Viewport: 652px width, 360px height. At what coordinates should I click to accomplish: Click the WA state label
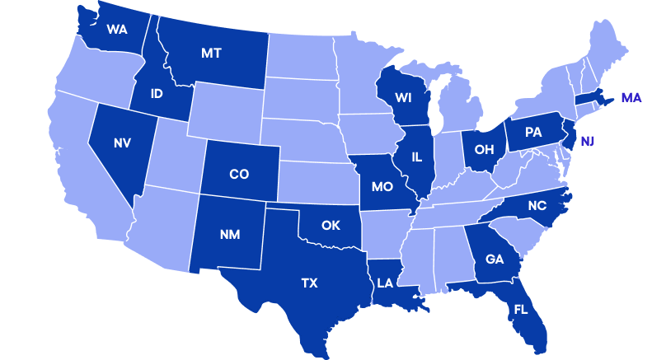point(116,30)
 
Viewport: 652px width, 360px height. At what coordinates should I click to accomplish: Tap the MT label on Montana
point(212,54)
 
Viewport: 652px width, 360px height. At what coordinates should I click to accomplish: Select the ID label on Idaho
point(157,94)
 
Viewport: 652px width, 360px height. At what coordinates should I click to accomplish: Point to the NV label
point(122,143)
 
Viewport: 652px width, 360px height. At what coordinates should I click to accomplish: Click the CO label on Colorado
point(238,174)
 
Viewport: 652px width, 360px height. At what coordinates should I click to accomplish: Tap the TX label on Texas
point(308,283)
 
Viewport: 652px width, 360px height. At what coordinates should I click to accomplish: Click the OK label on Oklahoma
point(331,225)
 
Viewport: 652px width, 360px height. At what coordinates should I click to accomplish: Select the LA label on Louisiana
point(385,283)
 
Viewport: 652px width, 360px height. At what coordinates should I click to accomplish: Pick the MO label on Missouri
point(382,186)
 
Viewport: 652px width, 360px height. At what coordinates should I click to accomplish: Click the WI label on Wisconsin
point(403,97)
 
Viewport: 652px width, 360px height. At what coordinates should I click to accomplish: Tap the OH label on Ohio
point(484,149)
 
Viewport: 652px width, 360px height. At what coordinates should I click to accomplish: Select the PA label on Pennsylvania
point(532,131)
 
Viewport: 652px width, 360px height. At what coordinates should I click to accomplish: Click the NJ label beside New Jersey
point(587,141)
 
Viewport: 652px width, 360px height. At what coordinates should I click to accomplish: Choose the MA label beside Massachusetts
point(631,98)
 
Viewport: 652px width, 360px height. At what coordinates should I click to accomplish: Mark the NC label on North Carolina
point(536,206)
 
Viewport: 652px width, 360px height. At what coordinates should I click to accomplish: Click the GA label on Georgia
point(495,259)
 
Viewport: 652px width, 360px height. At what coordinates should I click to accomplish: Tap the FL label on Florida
point(520,310)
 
